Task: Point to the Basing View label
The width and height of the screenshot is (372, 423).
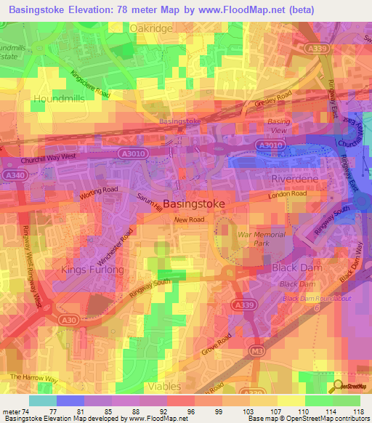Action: pos(278,126)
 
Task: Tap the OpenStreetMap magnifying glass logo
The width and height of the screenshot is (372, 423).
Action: pos(339,387)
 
